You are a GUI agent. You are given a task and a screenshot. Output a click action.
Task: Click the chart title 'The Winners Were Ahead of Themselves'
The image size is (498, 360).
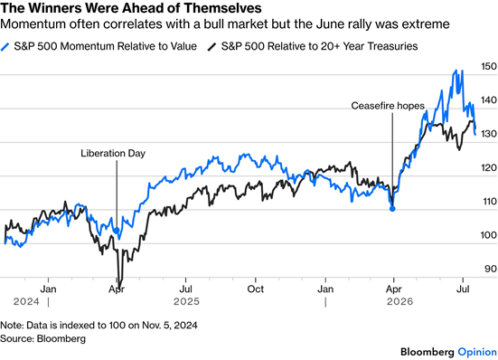click(x=131, y=8)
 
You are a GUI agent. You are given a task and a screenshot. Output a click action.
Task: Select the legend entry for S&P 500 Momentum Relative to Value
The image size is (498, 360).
click(x=99, y=46)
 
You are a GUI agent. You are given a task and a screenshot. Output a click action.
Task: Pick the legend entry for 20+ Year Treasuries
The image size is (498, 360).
click(x=313, y=46)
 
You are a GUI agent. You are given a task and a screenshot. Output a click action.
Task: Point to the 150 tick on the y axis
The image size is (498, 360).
click(x=488, y=66)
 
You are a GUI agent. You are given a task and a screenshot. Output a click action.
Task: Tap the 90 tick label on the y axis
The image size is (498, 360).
click(x=491, y=269)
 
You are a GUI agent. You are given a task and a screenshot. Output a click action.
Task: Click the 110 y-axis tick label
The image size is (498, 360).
click(x=489, y=202)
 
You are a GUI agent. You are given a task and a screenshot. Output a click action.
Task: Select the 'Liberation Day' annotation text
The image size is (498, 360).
click(x=113, y=153)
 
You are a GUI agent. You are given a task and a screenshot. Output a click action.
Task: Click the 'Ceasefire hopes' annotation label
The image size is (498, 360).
click(x=388, y=106)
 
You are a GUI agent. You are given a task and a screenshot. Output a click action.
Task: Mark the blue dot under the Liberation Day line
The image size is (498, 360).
click(x=117, y=231)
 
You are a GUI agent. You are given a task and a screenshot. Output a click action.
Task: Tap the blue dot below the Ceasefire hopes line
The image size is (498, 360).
click(x=392, y=209)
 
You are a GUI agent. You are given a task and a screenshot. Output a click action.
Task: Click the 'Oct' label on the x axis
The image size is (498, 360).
click(x=256, y=289)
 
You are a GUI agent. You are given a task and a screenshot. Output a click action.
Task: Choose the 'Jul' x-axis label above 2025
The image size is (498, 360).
click(x=185, y=289)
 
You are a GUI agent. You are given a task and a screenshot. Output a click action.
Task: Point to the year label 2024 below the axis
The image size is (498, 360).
click(x=26, y=301)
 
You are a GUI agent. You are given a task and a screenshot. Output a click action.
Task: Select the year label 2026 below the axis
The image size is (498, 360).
click(x=399, y=301)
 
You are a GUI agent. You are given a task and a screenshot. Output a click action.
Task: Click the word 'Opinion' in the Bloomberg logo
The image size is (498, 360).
click(x=477, y=352)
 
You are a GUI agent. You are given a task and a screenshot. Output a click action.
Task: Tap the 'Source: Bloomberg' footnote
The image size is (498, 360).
click(x=42, y=338)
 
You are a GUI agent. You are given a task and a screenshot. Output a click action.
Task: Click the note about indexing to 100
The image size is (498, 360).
click(x=99, y=326)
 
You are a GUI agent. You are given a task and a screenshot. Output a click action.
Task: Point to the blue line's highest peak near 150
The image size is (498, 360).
click(x=456, y=71)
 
